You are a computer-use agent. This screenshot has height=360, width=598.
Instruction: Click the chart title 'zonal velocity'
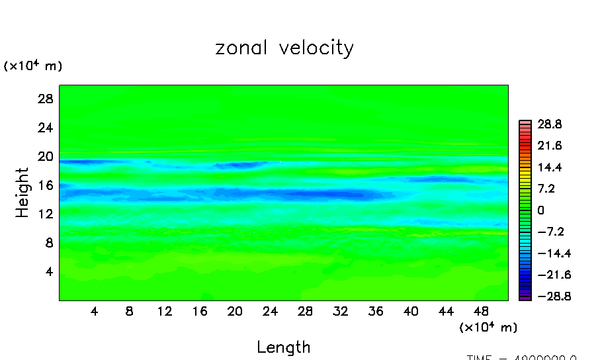pos(284,48)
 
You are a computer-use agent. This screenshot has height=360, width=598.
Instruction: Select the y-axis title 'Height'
pos(23,193)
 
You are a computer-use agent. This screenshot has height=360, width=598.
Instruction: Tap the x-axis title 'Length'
pos(283,347)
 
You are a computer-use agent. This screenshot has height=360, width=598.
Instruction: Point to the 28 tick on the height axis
pos(44,99)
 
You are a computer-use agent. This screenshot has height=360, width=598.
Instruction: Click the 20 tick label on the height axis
pos(44,156)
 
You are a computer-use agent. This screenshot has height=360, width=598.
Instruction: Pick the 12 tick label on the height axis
pos(44,214)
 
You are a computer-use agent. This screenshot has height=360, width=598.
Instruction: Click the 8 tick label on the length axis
pos(129,312)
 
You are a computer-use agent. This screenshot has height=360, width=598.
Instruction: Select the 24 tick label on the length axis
pos(270,312)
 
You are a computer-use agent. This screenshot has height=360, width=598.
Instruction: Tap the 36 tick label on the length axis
pos(376,312)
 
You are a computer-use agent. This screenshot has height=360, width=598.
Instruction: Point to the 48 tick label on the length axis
pos(482,312)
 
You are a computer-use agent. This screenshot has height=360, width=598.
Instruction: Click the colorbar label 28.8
pos(550,124)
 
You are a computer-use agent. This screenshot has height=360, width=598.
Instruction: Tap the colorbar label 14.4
pos(550,167)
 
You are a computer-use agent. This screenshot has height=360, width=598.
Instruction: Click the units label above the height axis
pos(33,66)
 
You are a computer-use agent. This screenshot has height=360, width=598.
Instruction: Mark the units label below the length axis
pos(488,328)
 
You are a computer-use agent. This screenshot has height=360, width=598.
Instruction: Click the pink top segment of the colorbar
pos(525,122)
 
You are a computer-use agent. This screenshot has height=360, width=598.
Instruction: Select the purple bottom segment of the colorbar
pos(525,298)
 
